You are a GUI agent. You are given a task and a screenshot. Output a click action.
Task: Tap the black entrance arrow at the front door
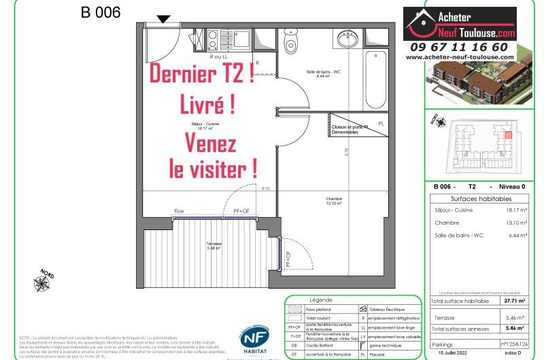point(164,20)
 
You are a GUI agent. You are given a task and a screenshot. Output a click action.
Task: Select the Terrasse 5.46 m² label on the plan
point(216,246)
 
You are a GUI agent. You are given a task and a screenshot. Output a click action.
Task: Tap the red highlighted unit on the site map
point(507,135)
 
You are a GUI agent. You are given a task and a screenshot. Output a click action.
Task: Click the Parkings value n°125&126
point(514,344)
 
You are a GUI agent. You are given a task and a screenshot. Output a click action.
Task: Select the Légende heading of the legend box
point(320,299)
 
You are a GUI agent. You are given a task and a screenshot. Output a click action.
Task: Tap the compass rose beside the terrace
point(44,279)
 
